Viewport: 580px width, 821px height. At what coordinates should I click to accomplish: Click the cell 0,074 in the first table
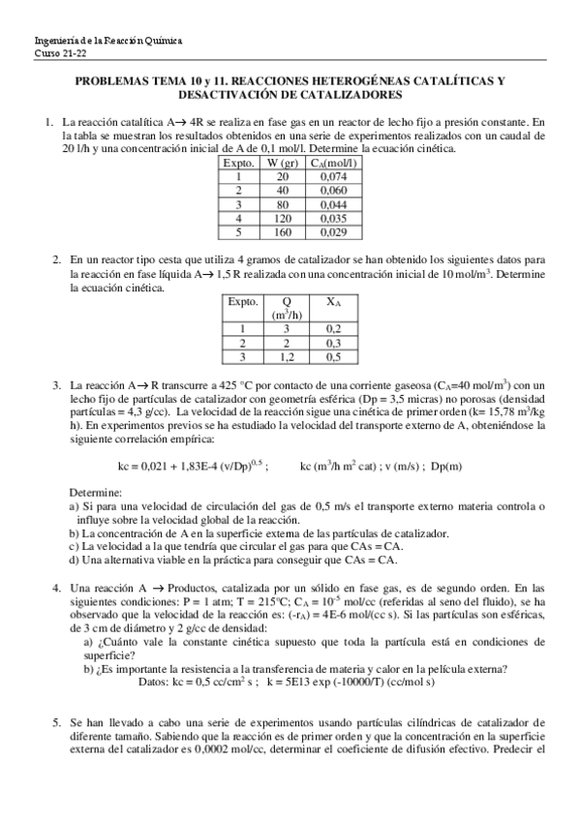pyautogui.click(x=330, y=177)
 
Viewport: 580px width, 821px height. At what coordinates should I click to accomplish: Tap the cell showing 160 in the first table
pyautogui.click(x=282, y=232)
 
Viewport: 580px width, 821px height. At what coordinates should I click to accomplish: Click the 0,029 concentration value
pyautogui.click(x=330, y=232)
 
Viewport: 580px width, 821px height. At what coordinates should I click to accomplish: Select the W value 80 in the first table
pyautogui.click(x=282, y=205)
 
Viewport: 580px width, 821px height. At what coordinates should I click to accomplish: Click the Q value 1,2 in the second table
pyautogui.click(x=285, y=356)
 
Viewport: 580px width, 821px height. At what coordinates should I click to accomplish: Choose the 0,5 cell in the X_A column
pyautogui.click(x=332, y=356)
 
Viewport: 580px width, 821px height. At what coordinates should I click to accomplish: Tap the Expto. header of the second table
pyautogui.click(x=242, y=302)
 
